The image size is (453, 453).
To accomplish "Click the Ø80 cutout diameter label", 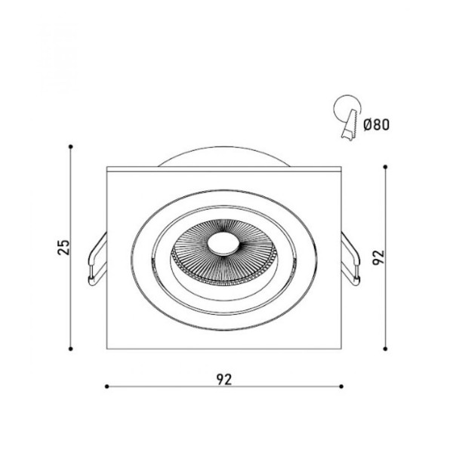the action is (377, 125).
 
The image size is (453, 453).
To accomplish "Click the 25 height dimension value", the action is (64, 248).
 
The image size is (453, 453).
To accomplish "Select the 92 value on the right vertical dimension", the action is (379, 257).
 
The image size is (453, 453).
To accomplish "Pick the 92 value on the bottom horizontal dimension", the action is (224, 380).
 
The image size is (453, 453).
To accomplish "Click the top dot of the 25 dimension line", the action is (70, 146).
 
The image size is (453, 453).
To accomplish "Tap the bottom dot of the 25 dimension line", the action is (70, 349).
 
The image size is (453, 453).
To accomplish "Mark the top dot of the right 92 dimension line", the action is (385, 167).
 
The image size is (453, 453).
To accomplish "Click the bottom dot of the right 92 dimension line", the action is (385, 349).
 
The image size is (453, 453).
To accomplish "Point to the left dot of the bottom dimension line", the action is (107, 387).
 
